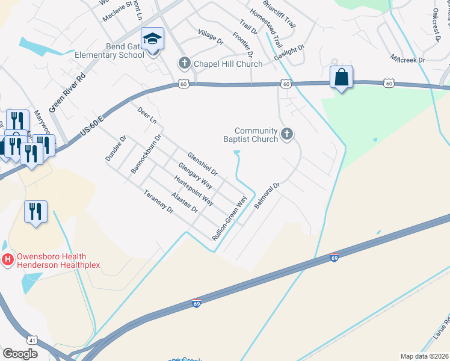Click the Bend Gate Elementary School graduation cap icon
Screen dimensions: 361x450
pyautogui.click(x=152, y=40)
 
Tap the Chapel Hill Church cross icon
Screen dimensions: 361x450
pyautogui.click(x=184, y=63)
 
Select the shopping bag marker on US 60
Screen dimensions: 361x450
pyautogui.click(x=341, y=77)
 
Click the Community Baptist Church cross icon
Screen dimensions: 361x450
pyautogui.click(x=287, y=134)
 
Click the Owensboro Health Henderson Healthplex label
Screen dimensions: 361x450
pyautogui.click(x=58, y=260)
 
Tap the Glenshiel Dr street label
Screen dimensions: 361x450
pyautogui.click(x=202, y=163)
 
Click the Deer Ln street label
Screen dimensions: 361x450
pyautogui.click(x=147, y=116)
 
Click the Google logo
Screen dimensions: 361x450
pyautogui.click(x=20, y=354)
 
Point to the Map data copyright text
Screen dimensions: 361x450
pyautogui.click(x=424, y=356)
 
